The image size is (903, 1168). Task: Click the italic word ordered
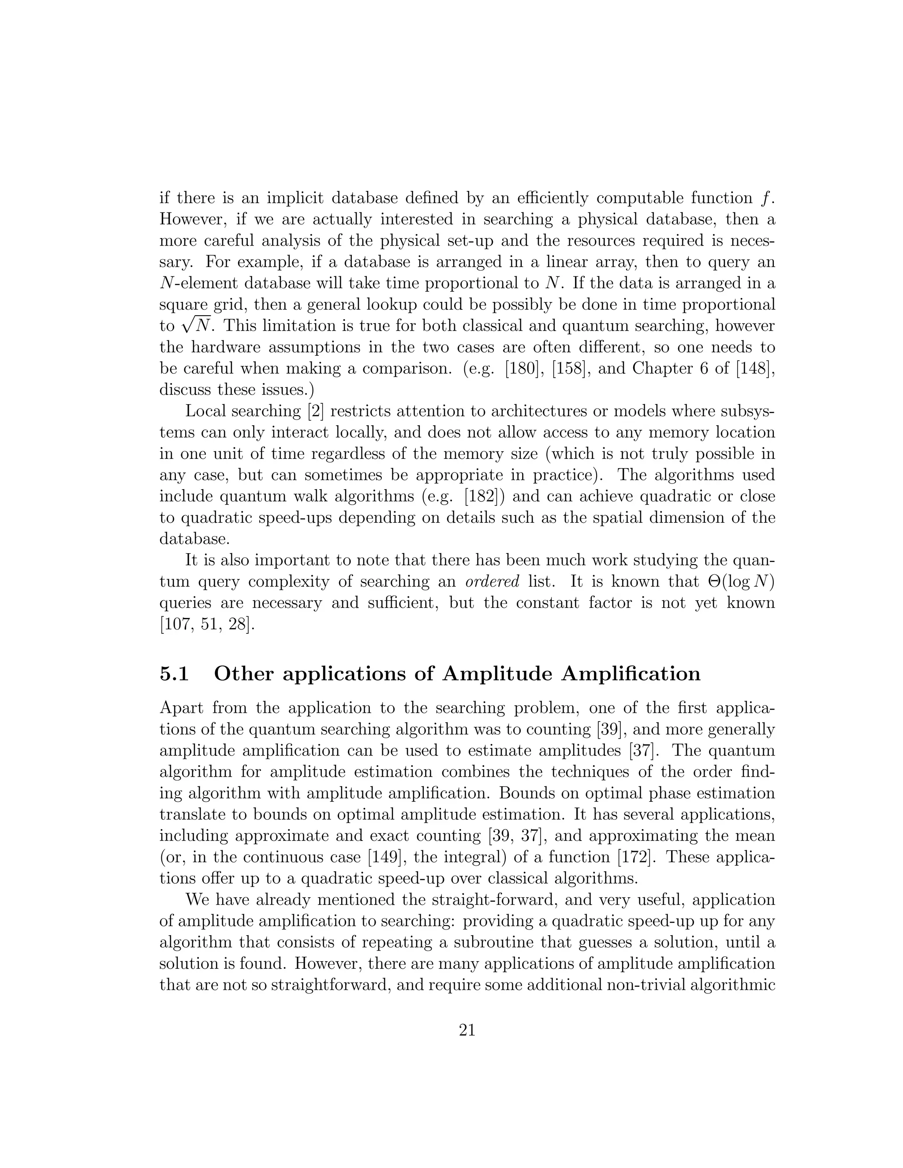[498, 582]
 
